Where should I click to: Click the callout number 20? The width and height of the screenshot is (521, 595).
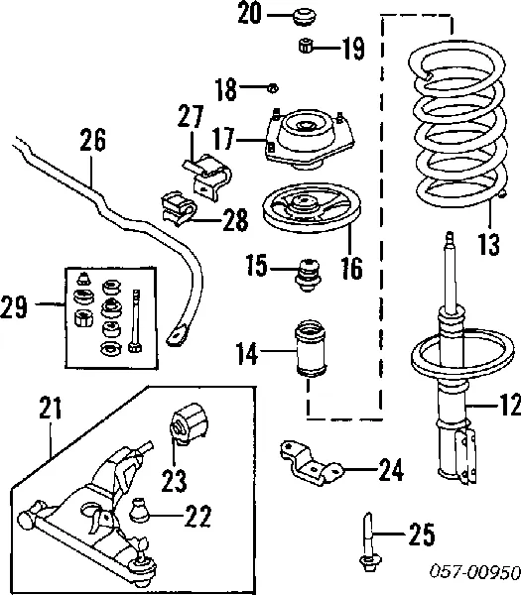click(250, 13)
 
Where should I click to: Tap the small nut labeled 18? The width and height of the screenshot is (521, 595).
click(273, 88)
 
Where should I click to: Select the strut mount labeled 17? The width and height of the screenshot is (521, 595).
click(310, 140)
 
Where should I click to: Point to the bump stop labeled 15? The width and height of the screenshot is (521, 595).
click(308, 275)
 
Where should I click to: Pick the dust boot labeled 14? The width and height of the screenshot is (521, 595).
click(311, 349)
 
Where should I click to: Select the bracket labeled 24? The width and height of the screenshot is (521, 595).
click(312, 464)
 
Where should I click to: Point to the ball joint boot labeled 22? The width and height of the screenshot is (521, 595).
click(139, 511)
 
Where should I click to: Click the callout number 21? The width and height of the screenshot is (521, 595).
click(51, 408)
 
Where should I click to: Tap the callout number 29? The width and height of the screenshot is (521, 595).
click(14, 306)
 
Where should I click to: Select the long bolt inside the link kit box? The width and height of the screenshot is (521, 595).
click(136, 320)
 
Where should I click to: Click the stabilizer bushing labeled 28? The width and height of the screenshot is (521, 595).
click(179, 209)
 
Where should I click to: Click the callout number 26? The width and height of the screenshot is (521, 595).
click(92, 140)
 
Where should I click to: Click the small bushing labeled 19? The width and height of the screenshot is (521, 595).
click(305, 46)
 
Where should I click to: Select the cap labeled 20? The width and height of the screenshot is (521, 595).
click(305, 18)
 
